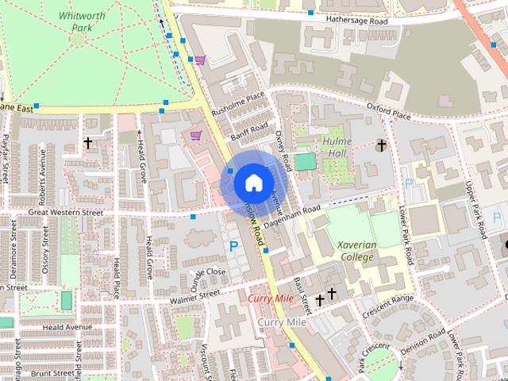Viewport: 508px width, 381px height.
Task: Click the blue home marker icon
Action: pyautogui.click(x=252, y=183)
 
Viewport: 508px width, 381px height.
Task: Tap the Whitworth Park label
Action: pyautogui.click(x=75, y=21)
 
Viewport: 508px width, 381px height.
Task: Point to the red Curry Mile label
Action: pyautogui.click(x=271, y=298)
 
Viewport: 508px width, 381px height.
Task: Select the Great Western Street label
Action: pyautogui.click(x=66, y=213)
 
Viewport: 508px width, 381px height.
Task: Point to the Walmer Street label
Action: pyautogui.click(x=194, y=296)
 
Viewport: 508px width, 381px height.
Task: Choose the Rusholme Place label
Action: pyautogui.click(x=244, y=103)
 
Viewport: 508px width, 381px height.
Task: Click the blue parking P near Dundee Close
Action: pyautogui.click(x=233, y=247)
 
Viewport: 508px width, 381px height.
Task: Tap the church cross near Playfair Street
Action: pyautogui.click(x=88, y=144)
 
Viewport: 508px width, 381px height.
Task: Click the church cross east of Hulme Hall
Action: pyautogui.click(x=381, y=146)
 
